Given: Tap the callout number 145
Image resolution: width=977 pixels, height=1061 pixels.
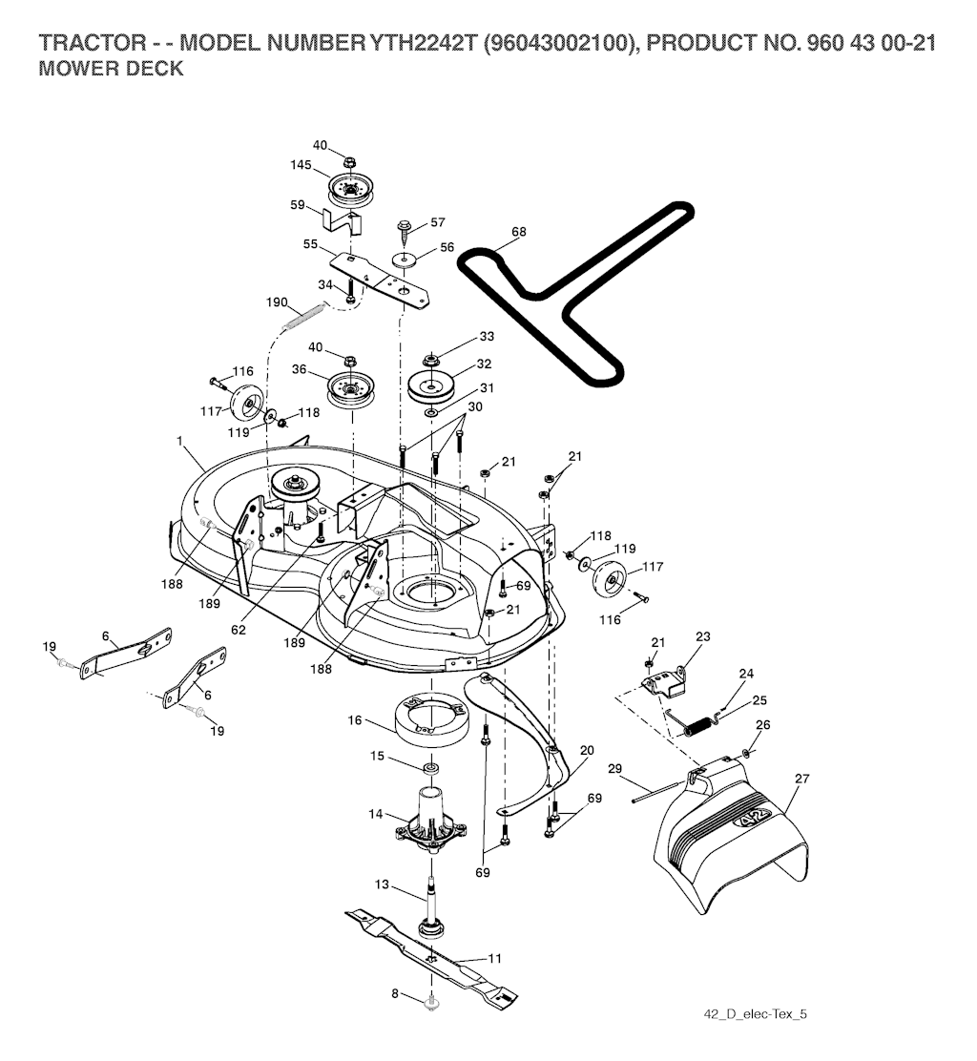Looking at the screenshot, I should click(301, 165).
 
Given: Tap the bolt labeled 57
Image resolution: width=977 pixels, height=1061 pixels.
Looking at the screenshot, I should click(405, 231).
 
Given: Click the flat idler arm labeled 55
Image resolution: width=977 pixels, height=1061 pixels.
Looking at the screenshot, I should click(382, 277).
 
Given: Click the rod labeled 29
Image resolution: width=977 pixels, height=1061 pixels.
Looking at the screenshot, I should click(657, 786).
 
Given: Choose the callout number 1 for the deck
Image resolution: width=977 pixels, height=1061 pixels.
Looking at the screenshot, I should click(178, 442).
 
